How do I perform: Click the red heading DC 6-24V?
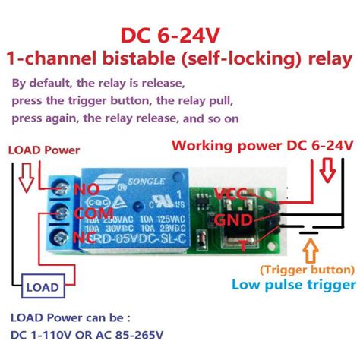click(x=179, y=36)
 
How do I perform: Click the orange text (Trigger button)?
click(x=306, y=269)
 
